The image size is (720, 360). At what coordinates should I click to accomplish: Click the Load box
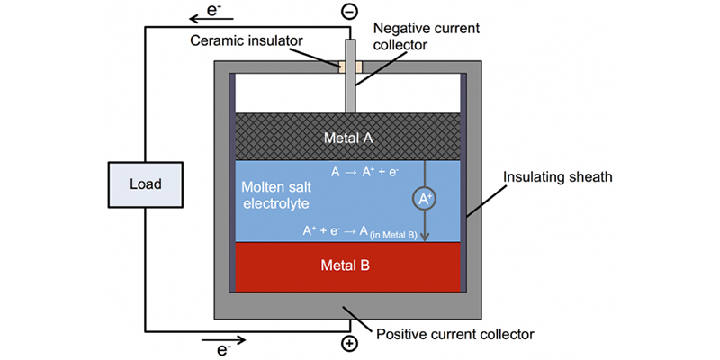click(145, 184)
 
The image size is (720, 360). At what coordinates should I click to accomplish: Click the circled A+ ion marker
click(425, 197)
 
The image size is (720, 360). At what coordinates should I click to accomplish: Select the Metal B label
click(347, 265)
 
